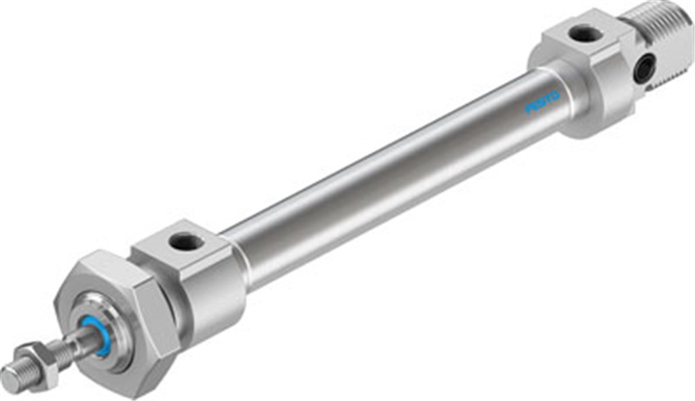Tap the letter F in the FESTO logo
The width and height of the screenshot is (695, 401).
tap(529, 110)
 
